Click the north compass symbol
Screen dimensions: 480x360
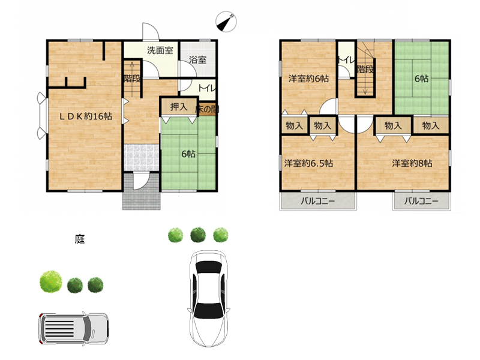coord(226,22)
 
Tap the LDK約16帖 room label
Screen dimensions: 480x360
coord(86,116)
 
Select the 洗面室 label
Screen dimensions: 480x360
coord(160,50)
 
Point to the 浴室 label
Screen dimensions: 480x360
coord(198,59)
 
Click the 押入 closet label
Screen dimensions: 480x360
coord(179,107)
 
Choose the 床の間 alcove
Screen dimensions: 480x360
coord(207,109)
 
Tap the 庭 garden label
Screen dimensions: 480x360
coord(80,239)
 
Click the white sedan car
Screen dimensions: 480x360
coord(209,298)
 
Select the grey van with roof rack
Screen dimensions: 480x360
coord(73,329)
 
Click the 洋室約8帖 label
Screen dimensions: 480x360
coord(412,163)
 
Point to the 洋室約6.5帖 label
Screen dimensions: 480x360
coord(308,163)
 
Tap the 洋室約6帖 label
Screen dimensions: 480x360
coord(308,79)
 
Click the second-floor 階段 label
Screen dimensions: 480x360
coord(365,69)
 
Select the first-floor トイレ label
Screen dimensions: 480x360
coord(207,88)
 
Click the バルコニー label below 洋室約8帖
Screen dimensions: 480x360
coord(421,201)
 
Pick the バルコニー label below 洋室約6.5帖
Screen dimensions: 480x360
coord(318,201)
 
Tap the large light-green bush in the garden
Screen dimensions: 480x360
coord(51,281)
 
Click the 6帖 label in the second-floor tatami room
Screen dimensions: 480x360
coord(422,79)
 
